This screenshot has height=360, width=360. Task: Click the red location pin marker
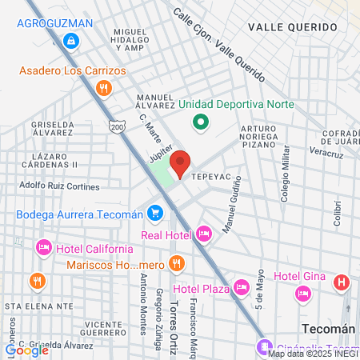click(181, 163)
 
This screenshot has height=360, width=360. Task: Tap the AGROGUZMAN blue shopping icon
click(72, 39)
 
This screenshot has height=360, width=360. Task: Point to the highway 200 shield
click(118, 127)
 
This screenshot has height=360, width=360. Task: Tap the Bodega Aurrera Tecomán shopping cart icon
click(156, 214)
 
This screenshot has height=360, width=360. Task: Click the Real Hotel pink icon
click(203, 234)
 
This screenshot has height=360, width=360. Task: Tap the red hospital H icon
click(342, 282)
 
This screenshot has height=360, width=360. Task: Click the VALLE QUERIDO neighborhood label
click(292, 26)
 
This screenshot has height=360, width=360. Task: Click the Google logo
click(26, 349)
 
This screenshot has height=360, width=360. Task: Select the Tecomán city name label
click(328, 329)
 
